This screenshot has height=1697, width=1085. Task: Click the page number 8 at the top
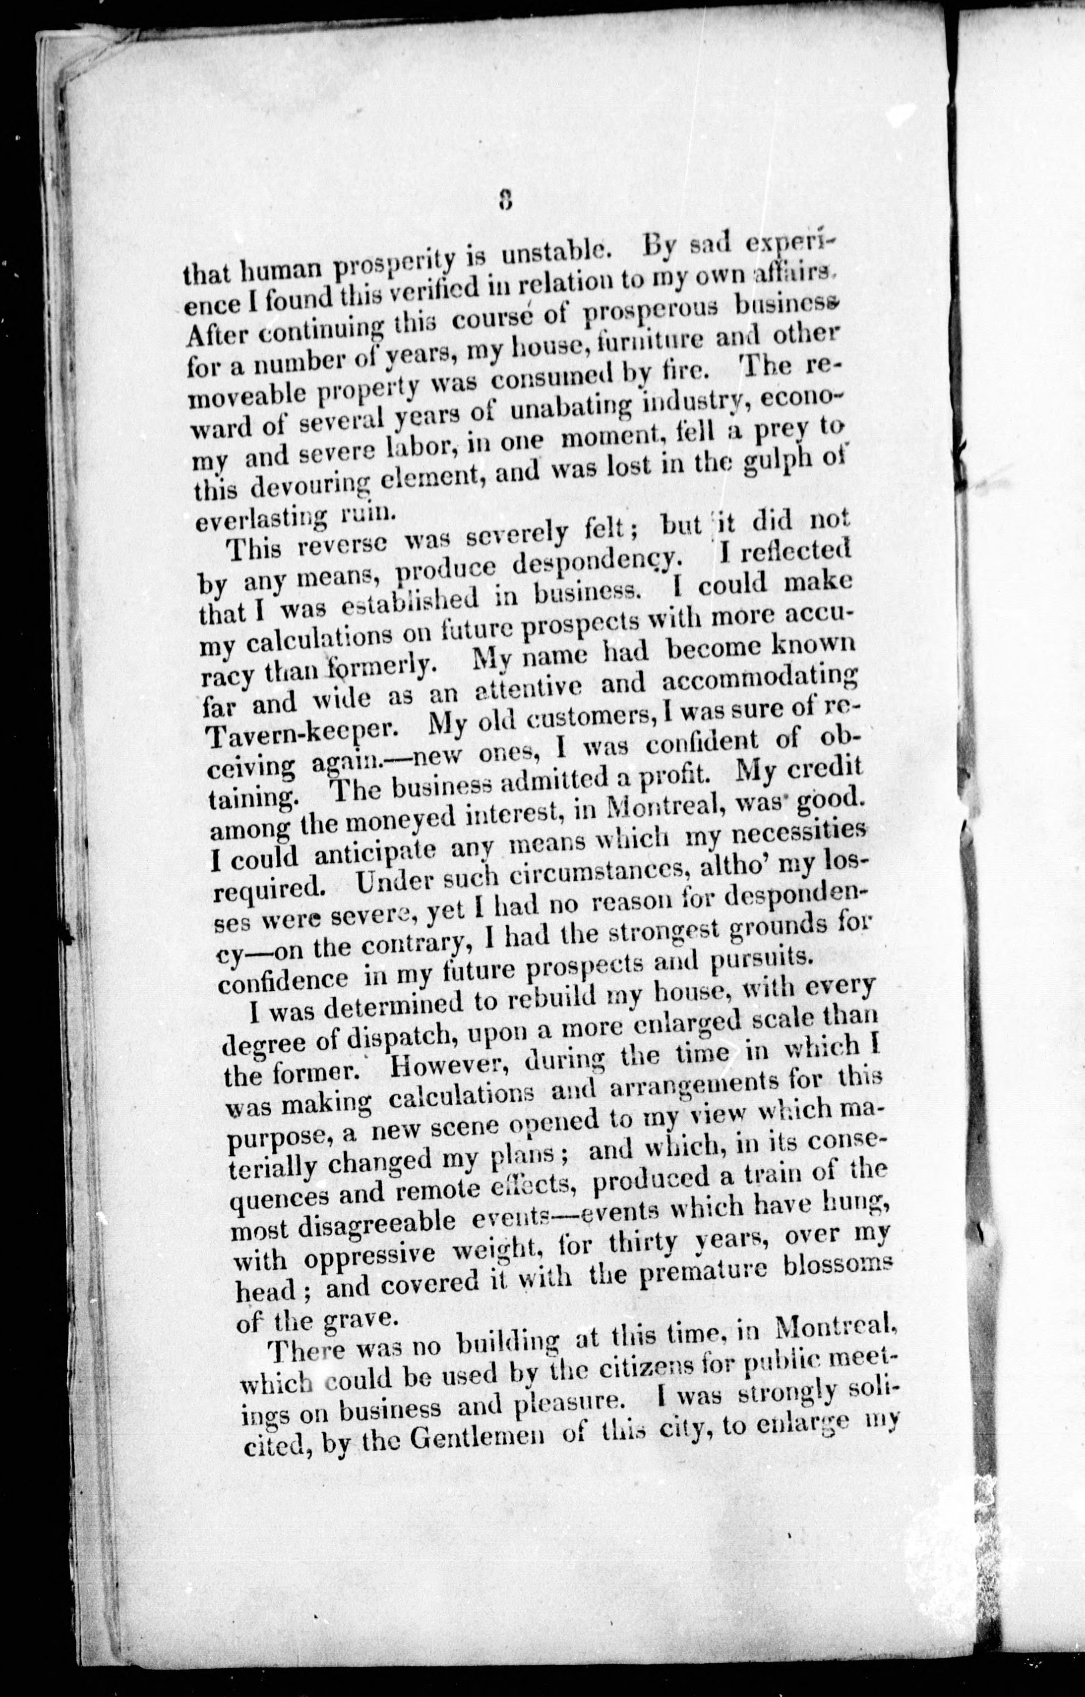503,200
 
